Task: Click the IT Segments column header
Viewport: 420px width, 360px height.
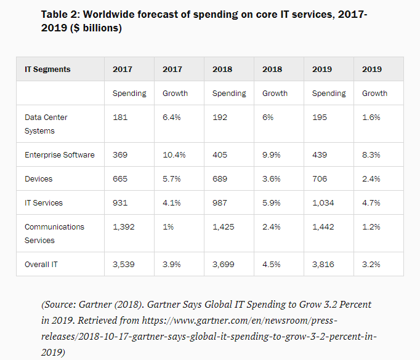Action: click(47, 70)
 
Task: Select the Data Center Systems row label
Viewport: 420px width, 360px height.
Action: click(46, 124)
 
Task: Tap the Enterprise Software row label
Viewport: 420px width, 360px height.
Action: click(60, 155)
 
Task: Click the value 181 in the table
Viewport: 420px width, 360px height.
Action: click(120, 118)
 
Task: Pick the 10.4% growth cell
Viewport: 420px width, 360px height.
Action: click(174, 155)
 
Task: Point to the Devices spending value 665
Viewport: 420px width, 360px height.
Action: click(120, 179)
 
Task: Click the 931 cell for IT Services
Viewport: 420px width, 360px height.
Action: click(120, 203)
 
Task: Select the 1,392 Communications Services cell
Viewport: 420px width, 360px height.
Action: click(124, 227)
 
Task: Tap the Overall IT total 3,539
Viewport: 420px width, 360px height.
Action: click(124, 264)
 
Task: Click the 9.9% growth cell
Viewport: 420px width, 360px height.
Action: click(272, 155)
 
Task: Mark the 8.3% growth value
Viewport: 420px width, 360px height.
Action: click(371, 155)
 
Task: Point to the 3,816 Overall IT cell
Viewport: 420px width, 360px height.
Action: click(323, 264)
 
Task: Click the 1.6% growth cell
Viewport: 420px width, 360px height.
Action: click(371, 118)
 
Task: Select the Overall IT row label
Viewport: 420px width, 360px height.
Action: click(42, 264)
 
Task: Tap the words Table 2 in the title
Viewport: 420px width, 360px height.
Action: click(60, 14)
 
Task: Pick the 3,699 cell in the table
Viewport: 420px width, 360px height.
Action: click(224, 264)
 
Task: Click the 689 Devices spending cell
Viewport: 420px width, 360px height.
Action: click(220, 179)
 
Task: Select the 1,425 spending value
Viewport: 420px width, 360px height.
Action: click(224, 227)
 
